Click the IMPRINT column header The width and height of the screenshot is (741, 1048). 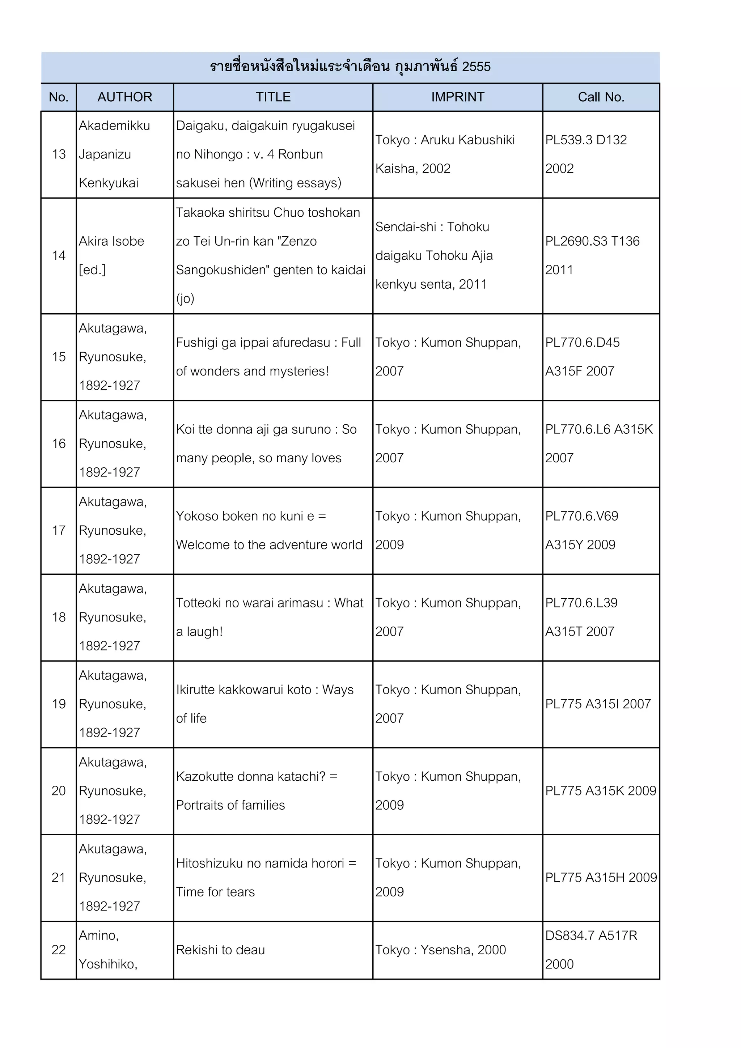coord(457,97)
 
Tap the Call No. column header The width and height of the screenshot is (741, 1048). coord(601,97)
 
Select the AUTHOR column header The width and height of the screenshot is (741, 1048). coord(124,97)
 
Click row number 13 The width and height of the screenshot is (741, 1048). coord(59,154)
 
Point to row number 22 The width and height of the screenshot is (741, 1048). coord(59,950)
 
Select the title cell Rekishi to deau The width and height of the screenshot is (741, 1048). coord(220,950)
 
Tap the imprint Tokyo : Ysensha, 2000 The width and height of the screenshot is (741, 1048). coord(441,950)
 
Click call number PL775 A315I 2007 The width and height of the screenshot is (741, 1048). coord(598,704)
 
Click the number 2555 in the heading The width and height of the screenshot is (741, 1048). coord(476,67)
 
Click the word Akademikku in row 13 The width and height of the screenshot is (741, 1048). coord(114,126)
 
